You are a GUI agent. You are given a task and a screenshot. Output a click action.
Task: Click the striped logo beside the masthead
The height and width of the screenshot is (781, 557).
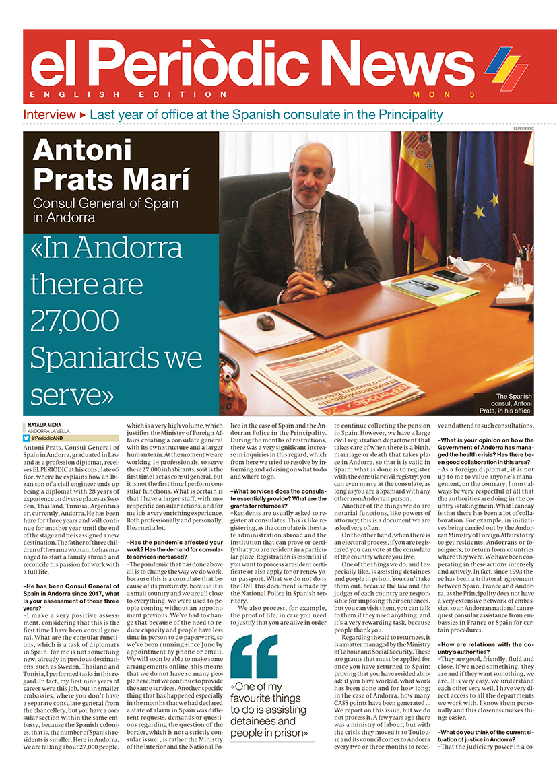pos(506,66)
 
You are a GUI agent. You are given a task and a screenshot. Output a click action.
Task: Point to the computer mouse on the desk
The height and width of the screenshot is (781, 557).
pos(265,322)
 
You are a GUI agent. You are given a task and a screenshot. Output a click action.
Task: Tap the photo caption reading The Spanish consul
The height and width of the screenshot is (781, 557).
pos(513,403)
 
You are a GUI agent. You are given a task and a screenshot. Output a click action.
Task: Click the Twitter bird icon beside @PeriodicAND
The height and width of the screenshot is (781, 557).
pos(26,438)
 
